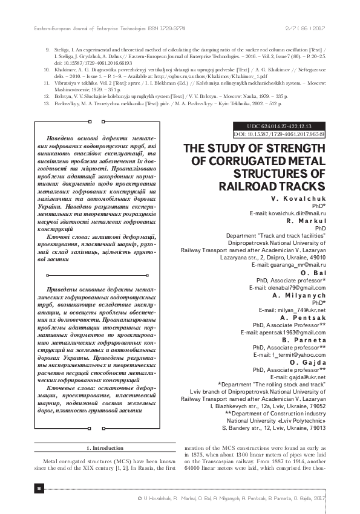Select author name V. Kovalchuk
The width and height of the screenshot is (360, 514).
299,199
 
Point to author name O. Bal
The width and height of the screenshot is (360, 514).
313,273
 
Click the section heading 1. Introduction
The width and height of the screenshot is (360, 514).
106,448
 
